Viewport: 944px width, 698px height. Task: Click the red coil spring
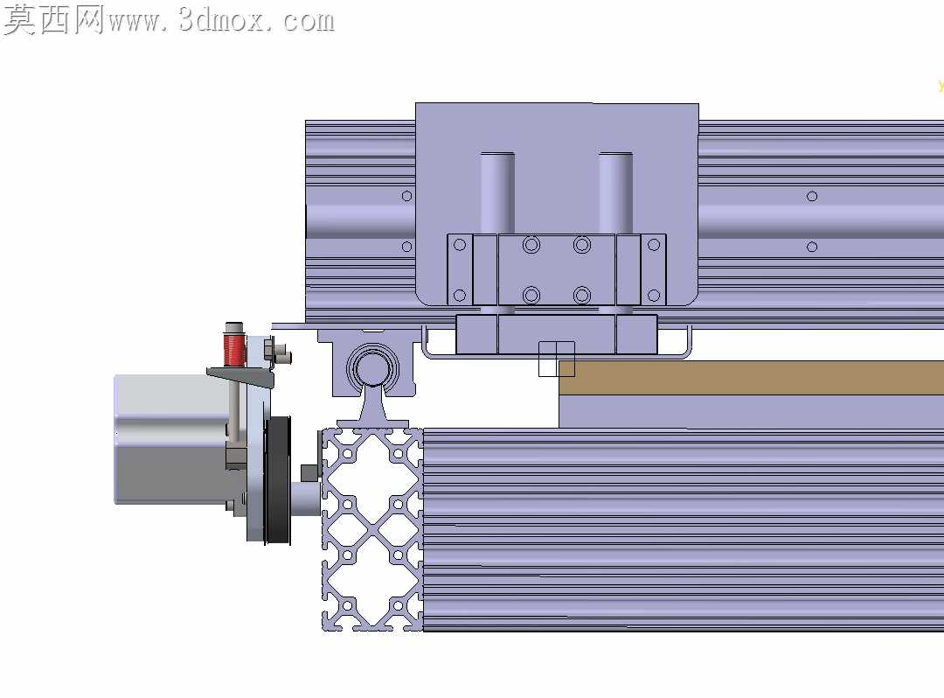pyautogui.click(x=233, y=350)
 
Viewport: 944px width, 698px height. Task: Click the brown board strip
pyautogui.click(x=751, y=378)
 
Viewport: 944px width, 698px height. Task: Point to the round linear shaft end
pyautogui.click(x=372, y=367)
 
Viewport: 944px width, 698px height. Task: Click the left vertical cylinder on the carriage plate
pyautogui.click(x=497, y=192)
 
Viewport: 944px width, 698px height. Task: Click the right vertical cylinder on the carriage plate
pyautogui.click(x=615, y=192)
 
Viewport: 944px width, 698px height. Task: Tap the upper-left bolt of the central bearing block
pyautogui.click(x=531, y=245)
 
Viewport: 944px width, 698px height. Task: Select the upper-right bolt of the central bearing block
pyautogui.click(x=581, y=245)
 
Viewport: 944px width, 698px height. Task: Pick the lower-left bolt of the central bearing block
pyautogui.click(x=531, y=295)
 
